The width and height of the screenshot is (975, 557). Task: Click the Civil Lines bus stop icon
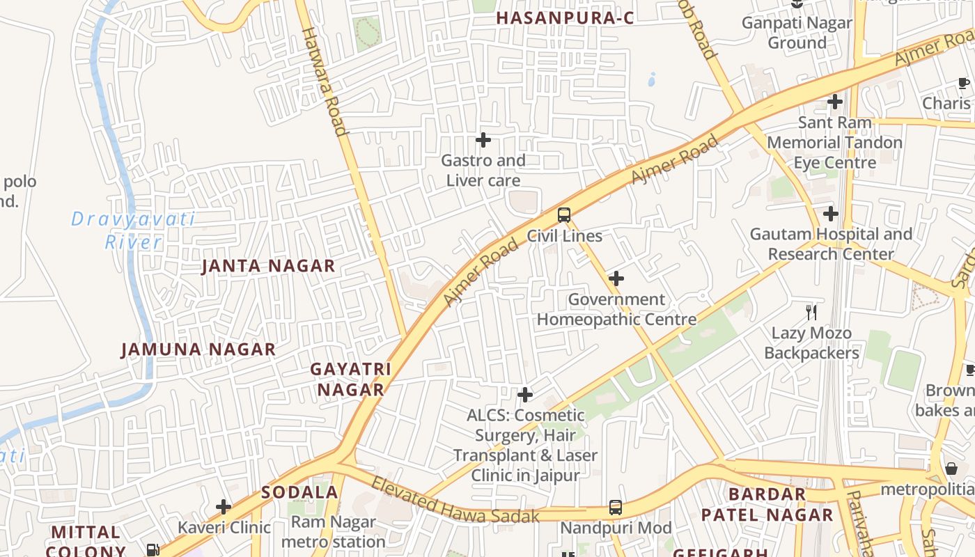pyautogui.click(x=564, y=214)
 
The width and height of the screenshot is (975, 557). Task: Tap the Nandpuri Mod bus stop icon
pyautogui.click(x=616, y=508)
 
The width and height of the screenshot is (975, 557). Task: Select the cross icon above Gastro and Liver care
pyautogui.click(x=483, y=140)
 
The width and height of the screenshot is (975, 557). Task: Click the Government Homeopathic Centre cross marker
pyautogui.click(x=616, y=279)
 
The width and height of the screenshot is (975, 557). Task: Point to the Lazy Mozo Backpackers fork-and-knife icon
pyautogui.click(x=811, y=312)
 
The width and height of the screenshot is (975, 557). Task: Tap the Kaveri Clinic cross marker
pyautogui.click(x=224, y=506)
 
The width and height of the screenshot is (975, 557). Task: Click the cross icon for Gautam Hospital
pyautogui.click(x=830, y=213)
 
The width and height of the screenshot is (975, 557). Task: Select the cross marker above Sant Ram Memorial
pyautogui.click(x=834, y=102)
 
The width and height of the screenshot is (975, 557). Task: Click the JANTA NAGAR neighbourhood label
pyautogui.click(x=268, y=266)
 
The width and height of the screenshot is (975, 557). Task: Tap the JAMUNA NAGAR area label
pyautogui.click(x=198, y=350)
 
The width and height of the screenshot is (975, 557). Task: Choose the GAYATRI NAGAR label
pyautogui.click(x=351, y=379)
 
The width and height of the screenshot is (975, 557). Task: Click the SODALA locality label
pyautogui.click(x=299, y=492)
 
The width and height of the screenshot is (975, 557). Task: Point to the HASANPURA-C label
pyautogui.click(x=565, y=18)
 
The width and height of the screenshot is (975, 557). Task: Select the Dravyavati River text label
pyautogui.click(x=133, y=230)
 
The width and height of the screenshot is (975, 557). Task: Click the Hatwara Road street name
pyautogui.click(x=324, y=81)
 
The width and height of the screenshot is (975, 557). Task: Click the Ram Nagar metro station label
pyautogui.click(x=333, y=531)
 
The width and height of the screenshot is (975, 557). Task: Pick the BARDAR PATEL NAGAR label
pyautogui.click(x=767, y=504)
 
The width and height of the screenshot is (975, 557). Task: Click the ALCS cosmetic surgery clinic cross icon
pyautogui.click(x=525, y=395)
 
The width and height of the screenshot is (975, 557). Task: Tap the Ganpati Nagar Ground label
pyautogui.click(x=797, y=33)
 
